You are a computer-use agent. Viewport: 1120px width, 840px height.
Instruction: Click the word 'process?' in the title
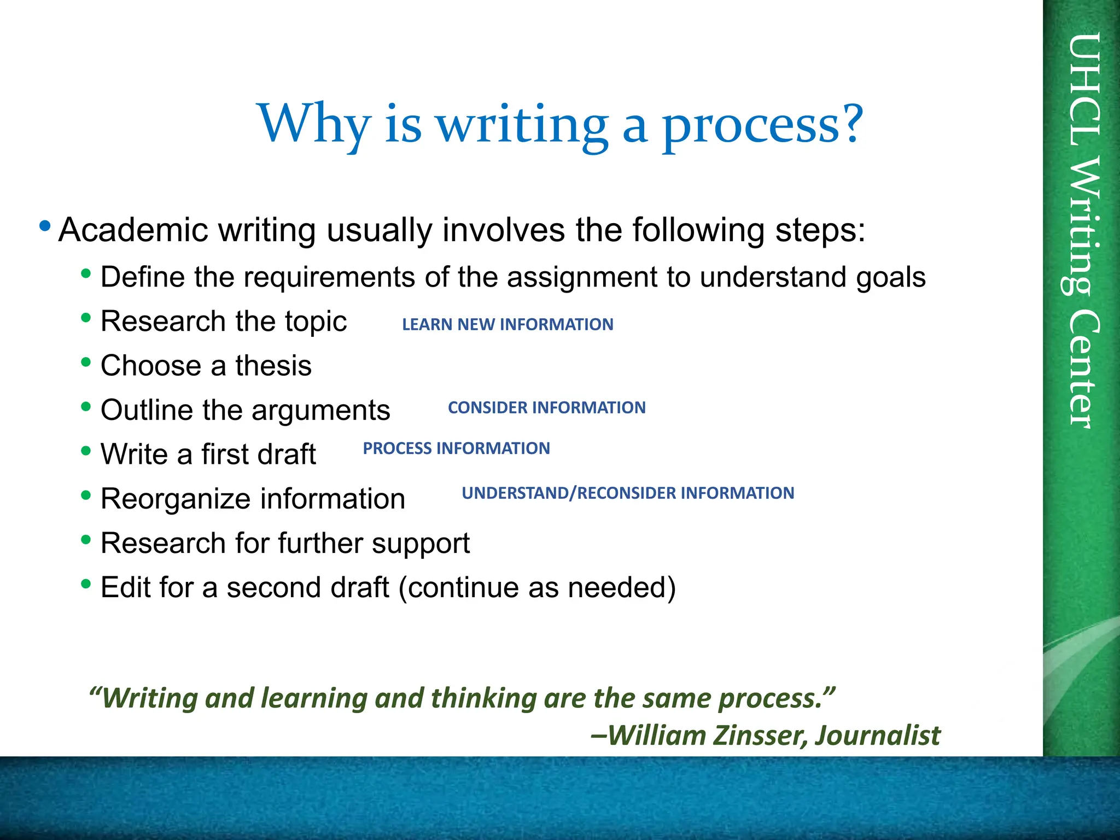(x=763, y=125)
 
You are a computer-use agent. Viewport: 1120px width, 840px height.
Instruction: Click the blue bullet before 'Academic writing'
(x=45, y=226)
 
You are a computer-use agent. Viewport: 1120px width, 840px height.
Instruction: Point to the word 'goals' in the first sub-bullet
(x=891, y=277)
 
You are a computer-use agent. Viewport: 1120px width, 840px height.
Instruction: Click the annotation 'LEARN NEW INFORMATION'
(x=507, y=324)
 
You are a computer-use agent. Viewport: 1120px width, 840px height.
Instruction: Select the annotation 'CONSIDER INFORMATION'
(x=547, y=407)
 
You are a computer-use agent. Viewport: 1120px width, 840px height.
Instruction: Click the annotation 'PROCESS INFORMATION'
(x=456, y=448)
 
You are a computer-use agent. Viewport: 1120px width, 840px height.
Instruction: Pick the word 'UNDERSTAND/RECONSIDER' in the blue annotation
(x=569, y=493)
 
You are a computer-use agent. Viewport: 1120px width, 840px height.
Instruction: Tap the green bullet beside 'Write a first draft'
(x=86, y=451)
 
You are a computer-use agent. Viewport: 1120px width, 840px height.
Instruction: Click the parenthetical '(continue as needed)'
(x=537, y=587)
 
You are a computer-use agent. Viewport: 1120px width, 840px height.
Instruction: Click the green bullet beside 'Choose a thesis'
(x=86, y=362)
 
